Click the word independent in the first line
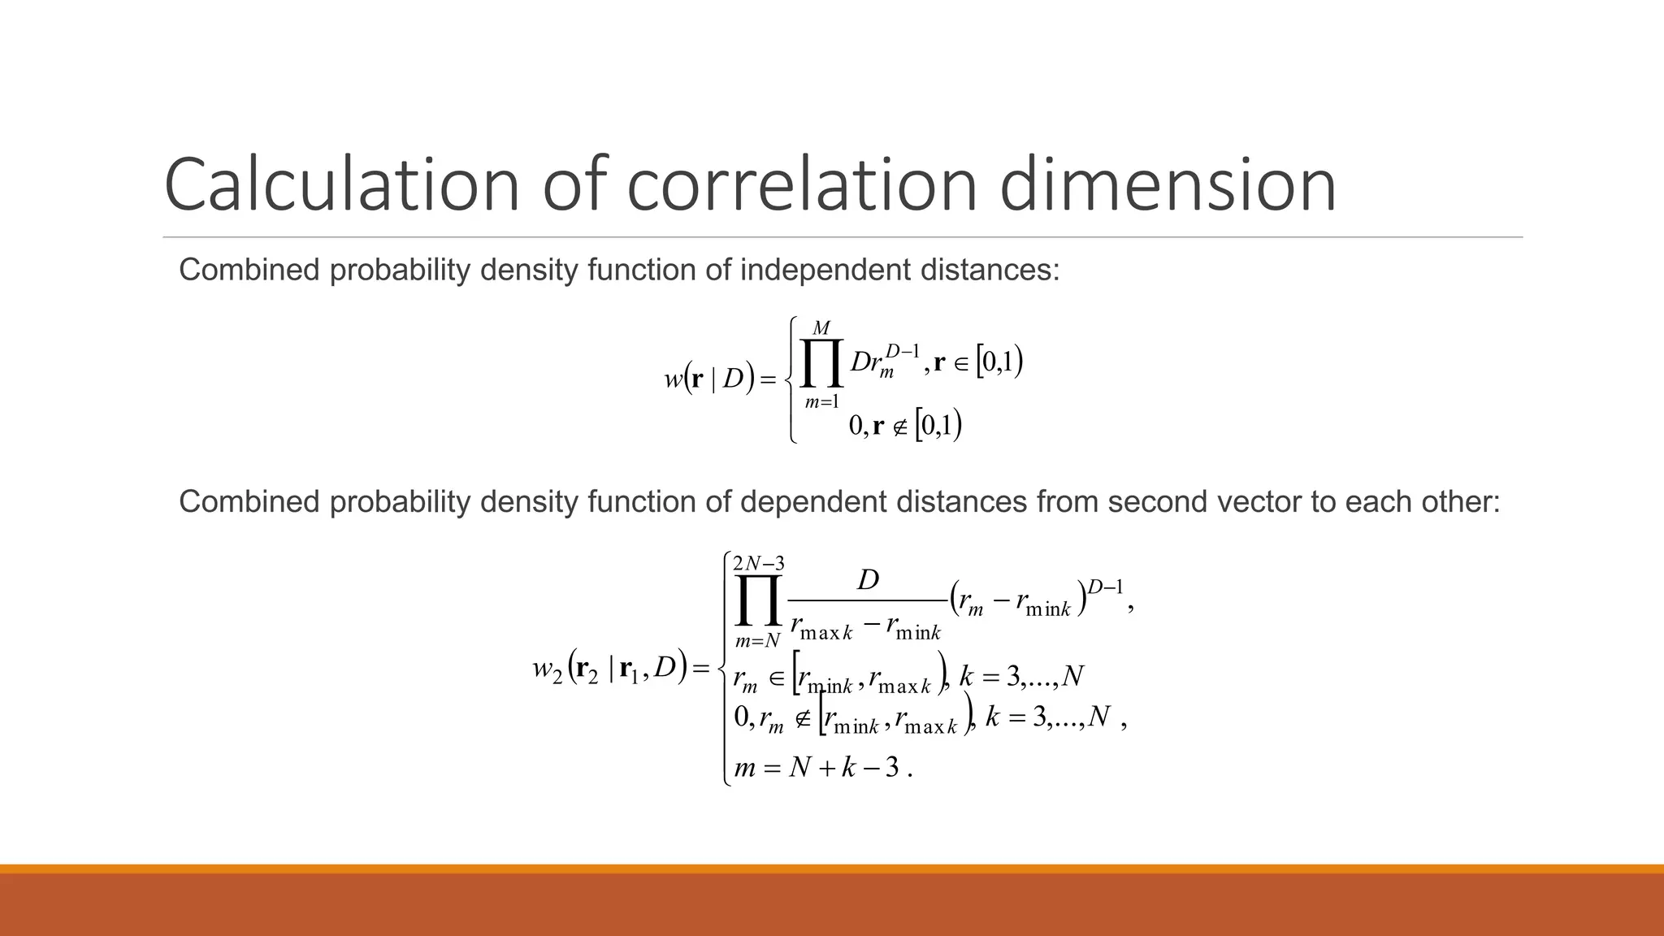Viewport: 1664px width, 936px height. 825,270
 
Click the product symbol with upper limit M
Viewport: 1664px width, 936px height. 821,363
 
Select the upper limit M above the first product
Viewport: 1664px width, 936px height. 821,328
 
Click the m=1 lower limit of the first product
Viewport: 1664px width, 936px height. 821,401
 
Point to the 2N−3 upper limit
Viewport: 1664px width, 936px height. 758,563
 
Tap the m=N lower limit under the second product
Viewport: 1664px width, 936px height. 757,641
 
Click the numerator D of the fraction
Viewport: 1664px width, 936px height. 868,580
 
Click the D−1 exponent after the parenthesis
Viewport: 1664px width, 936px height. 1105,587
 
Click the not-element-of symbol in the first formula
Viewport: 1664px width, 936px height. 900,426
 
